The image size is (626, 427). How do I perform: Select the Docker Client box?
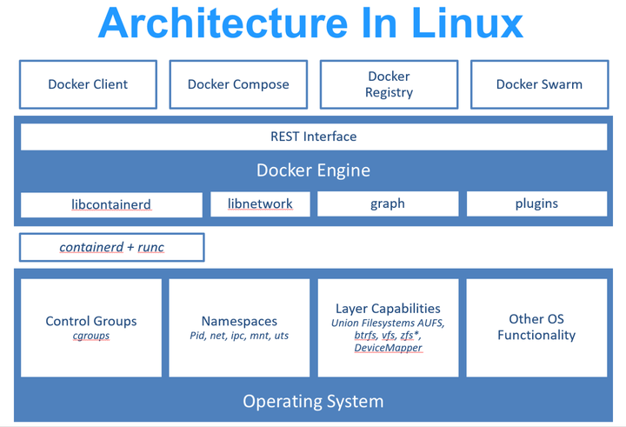tap(88, 84)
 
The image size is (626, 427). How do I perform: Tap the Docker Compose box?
tap(238, 84)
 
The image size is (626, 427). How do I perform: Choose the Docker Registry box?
tap(389, 84)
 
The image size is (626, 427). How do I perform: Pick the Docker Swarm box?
tap(539, 84)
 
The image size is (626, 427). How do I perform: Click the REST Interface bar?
tap(313, 137)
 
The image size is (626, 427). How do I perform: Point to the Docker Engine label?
tap(313, 170)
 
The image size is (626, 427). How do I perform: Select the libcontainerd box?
tap(111, 204)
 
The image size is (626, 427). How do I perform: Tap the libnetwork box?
tap(260, 204)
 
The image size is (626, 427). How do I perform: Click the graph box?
tap(387, 204)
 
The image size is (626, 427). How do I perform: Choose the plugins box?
tap(536, 204)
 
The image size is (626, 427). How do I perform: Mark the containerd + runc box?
tap(111, 248)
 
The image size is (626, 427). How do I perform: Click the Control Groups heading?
tap(91, 321)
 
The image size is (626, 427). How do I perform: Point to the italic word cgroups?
tap(91, 336)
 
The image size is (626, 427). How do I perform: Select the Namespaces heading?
tap(240, 321)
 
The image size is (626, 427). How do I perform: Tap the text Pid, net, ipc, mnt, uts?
tap(240, 336)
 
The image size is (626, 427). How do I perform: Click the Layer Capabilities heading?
tap(388, 308)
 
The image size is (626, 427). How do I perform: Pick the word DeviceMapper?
tap(388, 348)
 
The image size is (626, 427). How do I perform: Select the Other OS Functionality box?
tap(536, 328)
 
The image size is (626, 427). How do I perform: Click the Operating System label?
tap(313, 401)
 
